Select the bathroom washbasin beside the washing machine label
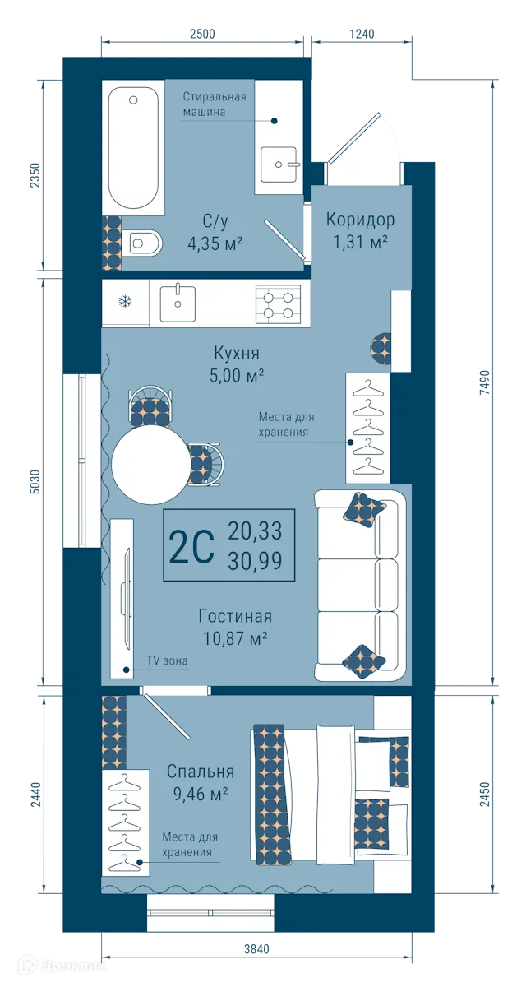point(281,164)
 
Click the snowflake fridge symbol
point(126,302)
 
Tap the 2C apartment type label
point(191,547)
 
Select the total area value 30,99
point(255,562)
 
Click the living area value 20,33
point(255,531)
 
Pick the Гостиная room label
point(235,616)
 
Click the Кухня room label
point(236,354)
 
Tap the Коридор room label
point(360,220)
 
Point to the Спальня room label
point(201,772)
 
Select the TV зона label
point(168,660)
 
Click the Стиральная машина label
point(214,104)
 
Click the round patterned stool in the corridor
point(381,348)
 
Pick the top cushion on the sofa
point(364,509)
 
